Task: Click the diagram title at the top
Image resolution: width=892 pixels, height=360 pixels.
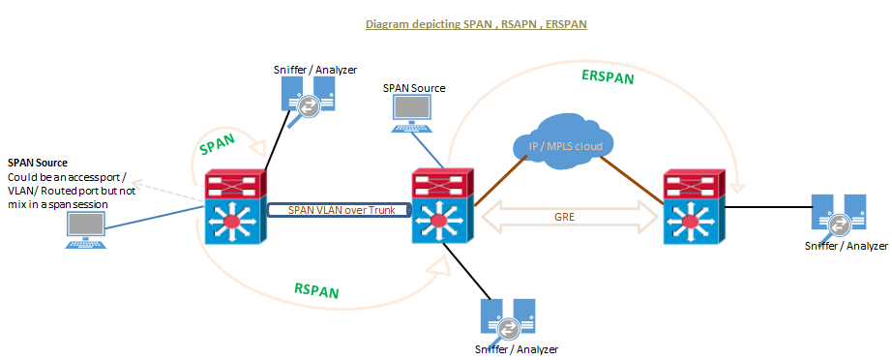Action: (476, 23)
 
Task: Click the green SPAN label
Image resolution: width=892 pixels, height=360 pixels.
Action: (219, 145)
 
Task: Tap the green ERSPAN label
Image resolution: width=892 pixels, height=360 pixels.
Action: (608, 77)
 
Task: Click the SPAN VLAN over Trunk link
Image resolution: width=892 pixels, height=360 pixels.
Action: (335, 209)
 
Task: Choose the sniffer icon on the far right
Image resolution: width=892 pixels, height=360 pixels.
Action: (838, 216)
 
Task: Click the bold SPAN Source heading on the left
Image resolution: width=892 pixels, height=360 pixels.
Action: (37, 163)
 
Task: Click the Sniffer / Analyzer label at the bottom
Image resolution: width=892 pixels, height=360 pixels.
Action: (516, 349)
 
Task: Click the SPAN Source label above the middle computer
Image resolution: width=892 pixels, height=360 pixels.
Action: (414, 88)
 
